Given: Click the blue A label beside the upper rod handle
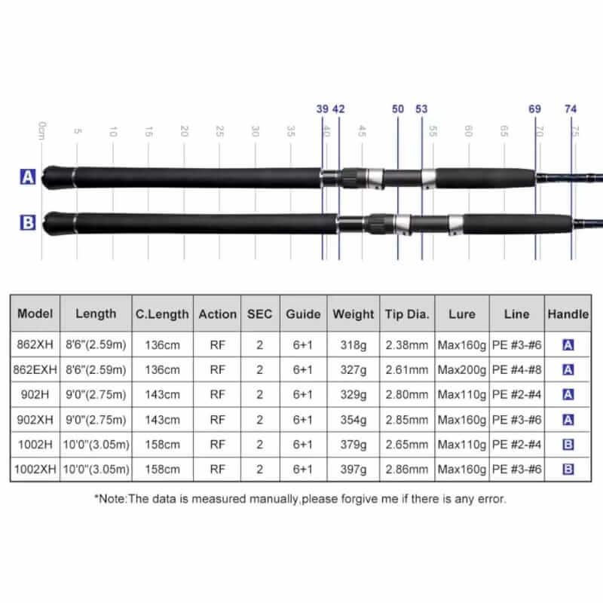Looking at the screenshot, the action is click(x=28, y=177).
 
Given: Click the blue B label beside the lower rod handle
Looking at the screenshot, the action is click(x=28, y=222).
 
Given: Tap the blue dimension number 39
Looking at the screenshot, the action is click(x=323, y=109).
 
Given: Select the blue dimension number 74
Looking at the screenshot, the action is click(x=571, y=109).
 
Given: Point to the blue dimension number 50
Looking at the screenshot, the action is click(x=398, y=109).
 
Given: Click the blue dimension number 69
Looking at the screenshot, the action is click(x=535, y=109).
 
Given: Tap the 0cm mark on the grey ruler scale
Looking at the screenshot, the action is click(x=42, y=130).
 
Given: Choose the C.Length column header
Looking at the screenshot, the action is click(x=162, y=314).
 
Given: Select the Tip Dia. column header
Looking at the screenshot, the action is click(x=407, y=314).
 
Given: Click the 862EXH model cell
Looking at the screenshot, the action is click(x=35, y=369).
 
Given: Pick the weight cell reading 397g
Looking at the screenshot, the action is click(x=354, y=469).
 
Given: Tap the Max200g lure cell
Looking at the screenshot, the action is click(x=462, y=369).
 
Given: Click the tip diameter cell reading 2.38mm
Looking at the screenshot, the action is click(x=407, y=345).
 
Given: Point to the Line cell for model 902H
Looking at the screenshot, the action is click(x=516, y=394).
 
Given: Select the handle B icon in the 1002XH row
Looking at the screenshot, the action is click(x=568, y=469).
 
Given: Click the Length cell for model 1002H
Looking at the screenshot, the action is click(x=96, y=445).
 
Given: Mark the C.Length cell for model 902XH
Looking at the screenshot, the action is click(x=162, y=420).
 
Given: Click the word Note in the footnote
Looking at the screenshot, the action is click(x=112, y=499).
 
